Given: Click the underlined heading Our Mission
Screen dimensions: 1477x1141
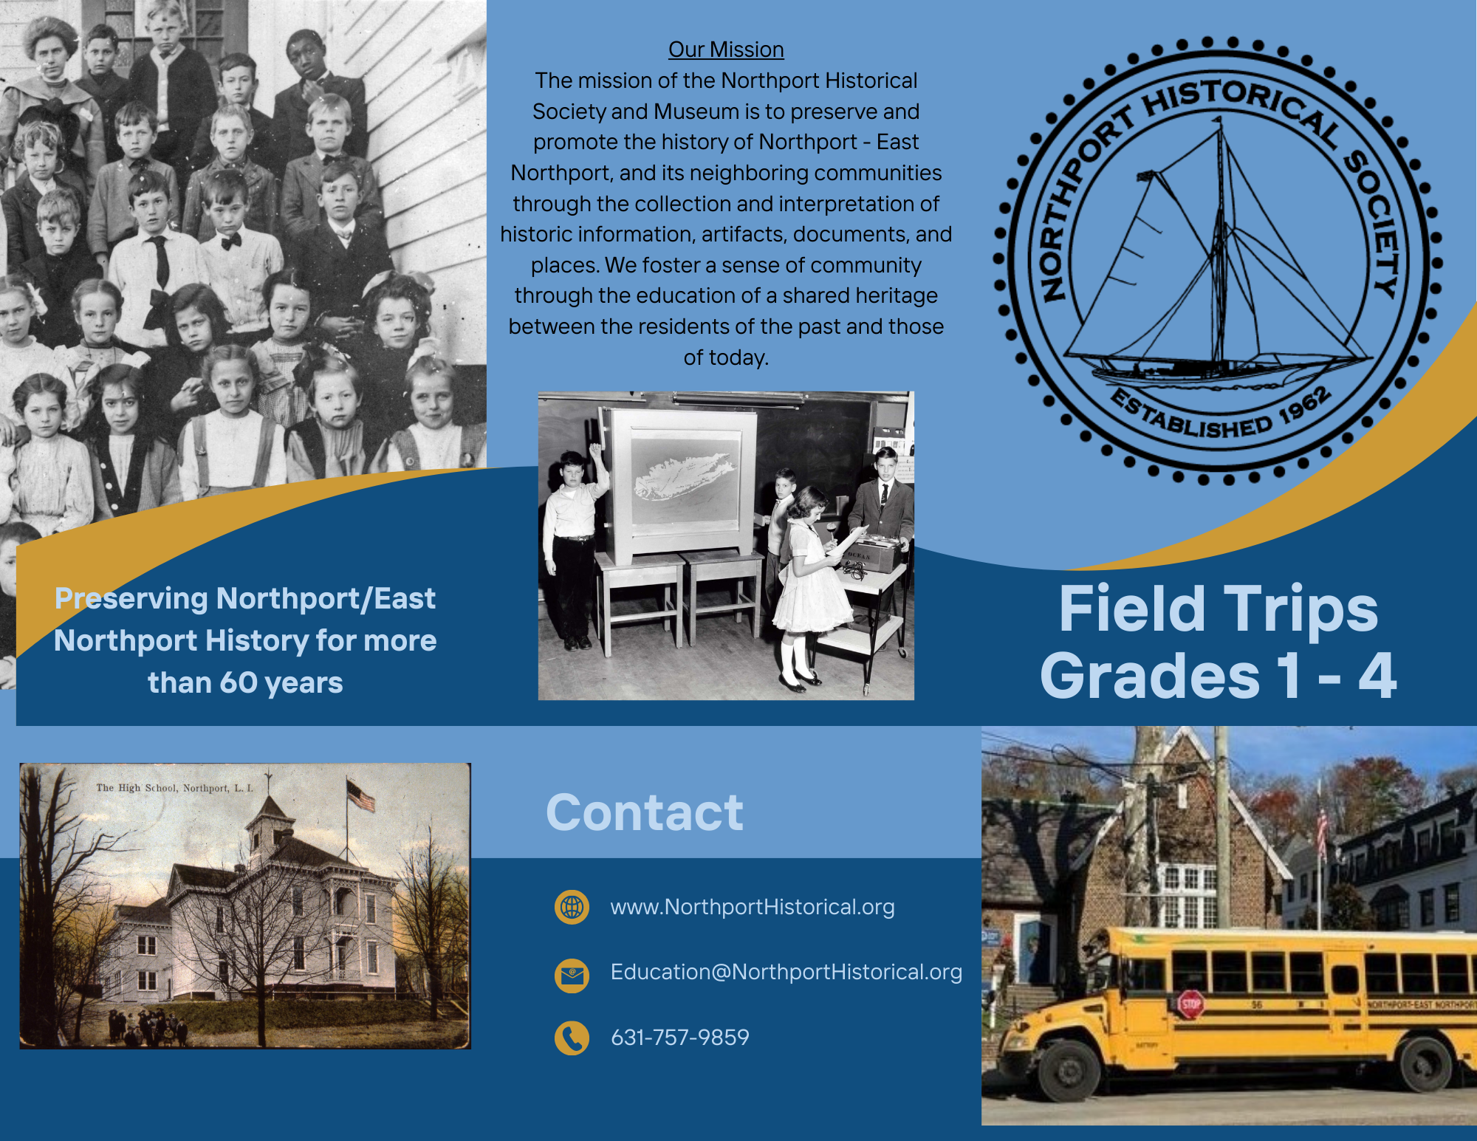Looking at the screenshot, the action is pos(726,49).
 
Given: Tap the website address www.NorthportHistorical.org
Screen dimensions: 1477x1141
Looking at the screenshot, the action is pos(753,907).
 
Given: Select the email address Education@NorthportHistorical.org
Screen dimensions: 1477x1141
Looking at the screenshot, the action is pos(787,972).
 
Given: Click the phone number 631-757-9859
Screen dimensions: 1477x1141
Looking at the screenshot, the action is pos(680,1037).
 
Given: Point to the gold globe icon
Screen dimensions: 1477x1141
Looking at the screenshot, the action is pos(572,907).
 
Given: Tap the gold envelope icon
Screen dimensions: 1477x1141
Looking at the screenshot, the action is pos(572,976).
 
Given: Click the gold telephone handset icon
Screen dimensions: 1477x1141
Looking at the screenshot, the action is pos(572,1038).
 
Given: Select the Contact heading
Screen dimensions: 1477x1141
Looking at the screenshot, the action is pos(645,812).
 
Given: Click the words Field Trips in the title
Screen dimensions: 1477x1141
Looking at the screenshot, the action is pos(1219,609).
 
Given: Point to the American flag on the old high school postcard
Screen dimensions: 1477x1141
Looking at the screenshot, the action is pos(361,795).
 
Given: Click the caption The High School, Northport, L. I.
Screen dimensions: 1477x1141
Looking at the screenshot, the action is pos(174,788).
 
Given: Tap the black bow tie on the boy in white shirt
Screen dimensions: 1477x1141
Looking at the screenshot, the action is pos(231,241).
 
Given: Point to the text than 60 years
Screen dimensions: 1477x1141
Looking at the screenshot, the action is pos(245,683).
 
